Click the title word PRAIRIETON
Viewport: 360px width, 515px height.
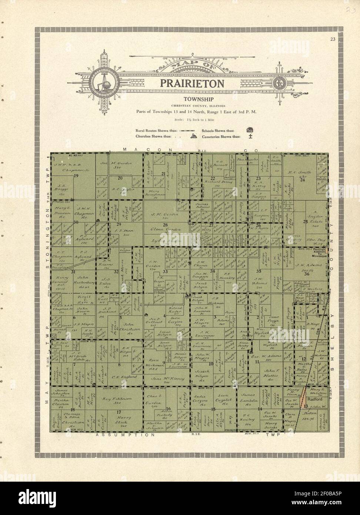click(x=192, y=83)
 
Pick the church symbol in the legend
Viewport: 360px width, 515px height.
click(x=193, y=136)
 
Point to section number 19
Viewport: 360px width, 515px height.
click(x=76, y=176)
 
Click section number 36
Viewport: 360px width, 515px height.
click(x=307, y=274)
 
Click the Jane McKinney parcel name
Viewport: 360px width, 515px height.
click(x=165, y=378)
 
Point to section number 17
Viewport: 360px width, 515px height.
click(x=119, y=412)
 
